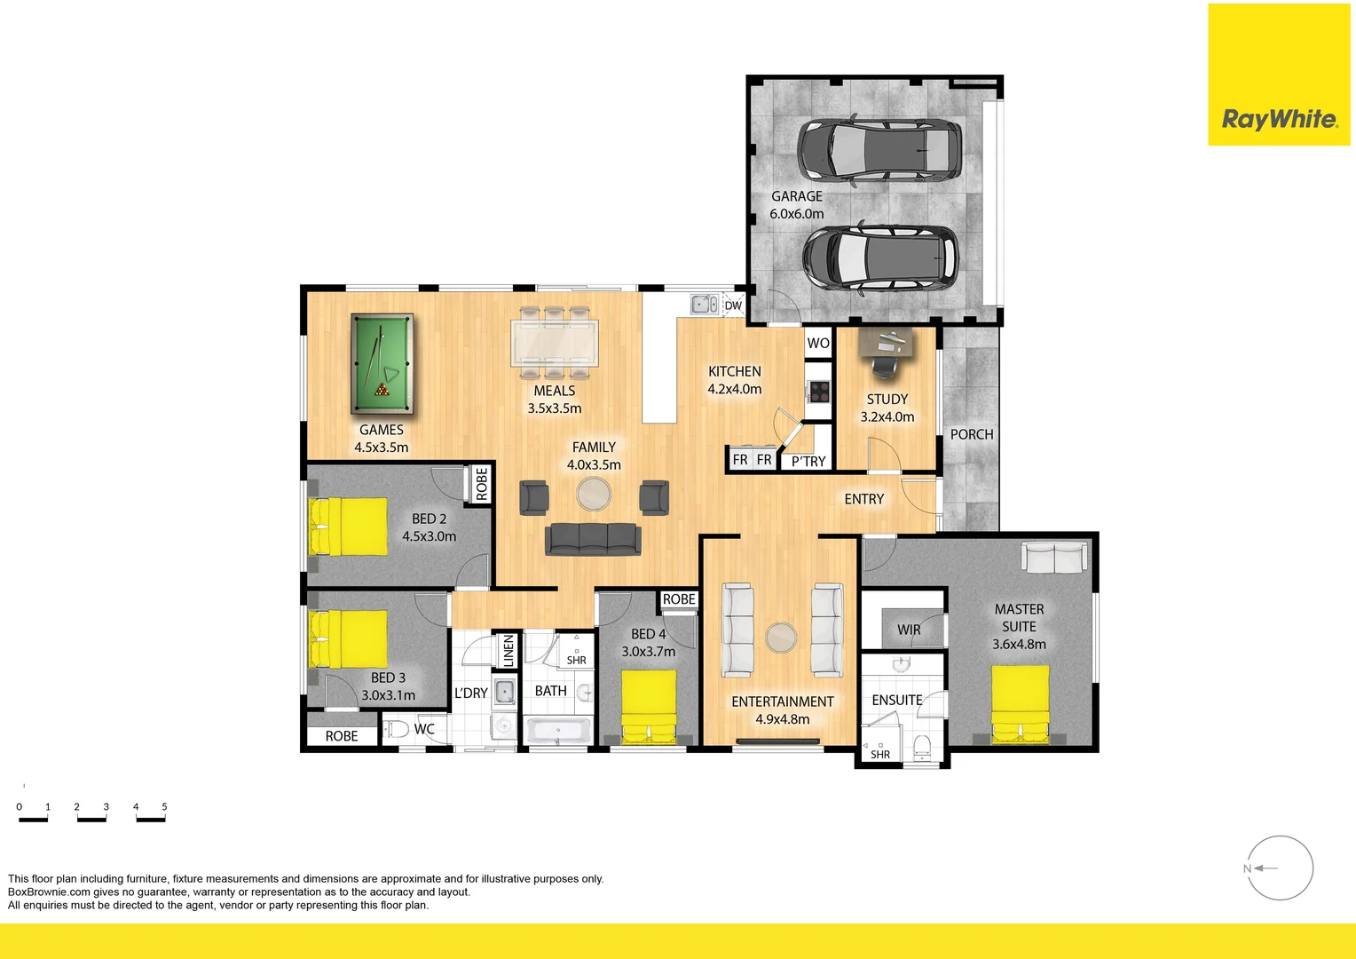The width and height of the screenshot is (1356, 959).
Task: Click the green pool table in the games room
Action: pos(382,363)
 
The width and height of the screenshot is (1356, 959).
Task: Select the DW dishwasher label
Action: pos(733,305)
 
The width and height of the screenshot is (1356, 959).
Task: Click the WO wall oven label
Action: pos(818,344)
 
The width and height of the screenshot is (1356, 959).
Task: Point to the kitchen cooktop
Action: pos(819,392)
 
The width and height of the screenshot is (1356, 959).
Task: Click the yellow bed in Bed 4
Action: pos(649,707)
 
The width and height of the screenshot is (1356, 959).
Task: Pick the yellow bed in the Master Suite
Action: pos(1020,704)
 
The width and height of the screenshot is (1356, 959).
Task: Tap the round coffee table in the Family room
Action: pos(593,494)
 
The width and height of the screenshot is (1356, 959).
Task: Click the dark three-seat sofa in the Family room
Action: pos(593,539)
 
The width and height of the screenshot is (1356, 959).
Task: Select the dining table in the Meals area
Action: pos(555,343)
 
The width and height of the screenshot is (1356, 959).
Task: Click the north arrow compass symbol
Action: pos(1280,868)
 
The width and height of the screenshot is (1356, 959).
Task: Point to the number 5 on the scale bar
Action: pos(164,806)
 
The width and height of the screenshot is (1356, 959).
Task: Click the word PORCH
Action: pos(972,434)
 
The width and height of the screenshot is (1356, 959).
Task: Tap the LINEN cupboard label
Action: pos(508,650)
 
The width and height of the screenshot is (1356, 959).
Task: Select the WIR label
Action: pos(909,630)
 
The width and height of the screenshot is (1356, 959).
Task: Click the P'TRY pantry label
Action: pos(808,462)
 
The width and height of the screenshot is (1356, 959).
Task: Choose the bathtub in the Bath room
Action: pos(558,731)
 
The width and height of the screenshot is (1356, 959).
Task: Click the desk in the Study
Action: pos(887,343)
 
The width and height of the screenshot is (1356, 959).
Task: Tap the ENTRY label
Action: pos(863,499)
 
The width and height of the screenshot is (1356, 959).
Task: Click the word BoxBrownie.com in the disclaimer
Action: pos(49,892)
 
